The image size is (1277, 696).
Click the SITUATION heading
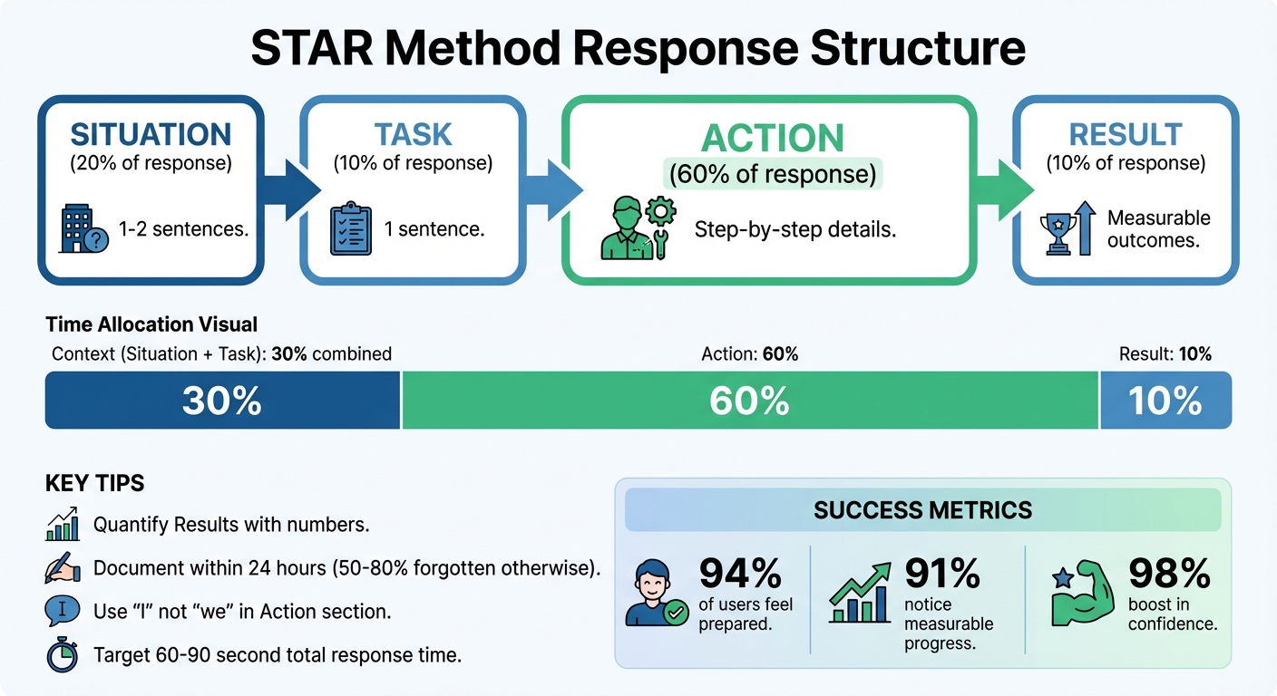pyautogui.click(x=151, y=134)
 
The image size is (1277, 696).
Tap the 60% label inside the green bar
pyautogui.click(x=749, y=401)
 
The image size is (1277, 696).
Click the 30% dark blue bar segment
pyautogui.click(x=222, y=401)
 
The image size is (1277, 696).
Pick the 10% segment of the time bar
pyautogui.click(x=1165, y=401)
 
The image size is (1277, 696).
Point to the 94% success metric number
pyautogui.click(x=740, y=573)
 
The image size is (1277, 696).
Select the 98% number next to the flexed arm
pyautogui.click(x=1170, y=573)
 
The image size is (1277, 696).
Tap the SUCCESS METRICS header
pyautogui.click(x=922, y=510)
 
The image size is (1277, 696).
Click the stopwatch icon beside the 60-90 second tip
pyautogui.click(x=62, y=655)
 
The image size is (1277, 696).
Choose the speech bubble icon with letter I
pyautogui.click(x=62, y=612)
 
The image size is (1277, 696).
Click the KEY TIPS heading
pyautogui.click(x=94, y=483)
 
